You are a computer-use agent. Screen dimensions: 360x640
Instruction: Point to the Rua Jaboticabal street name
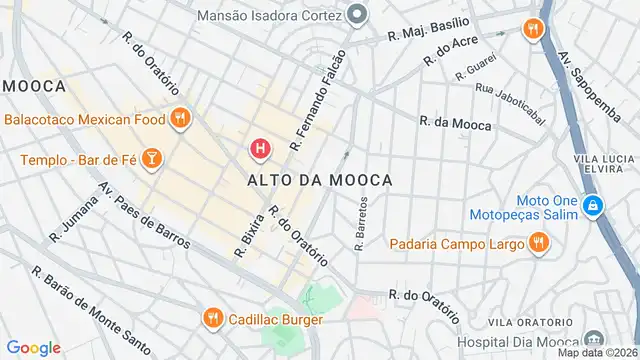point(511,105)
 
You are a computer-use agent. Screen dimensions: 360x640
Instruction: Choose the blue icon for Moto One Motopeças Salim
point(593,206)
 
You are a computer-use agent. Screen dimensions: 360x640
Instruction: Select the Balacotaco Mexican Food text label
point(84,119)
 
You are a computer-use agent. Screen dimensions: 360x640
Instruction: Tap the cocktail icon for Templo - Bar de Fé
point(150,159)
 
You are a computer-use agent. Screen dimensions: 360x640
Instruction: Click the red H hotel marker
point(260,149)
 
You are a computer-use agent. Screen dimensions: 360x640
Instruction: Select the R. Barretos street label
point(361,222)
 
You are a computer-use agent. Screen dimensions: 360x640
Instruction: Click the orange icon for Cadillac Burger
point(212,319)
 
